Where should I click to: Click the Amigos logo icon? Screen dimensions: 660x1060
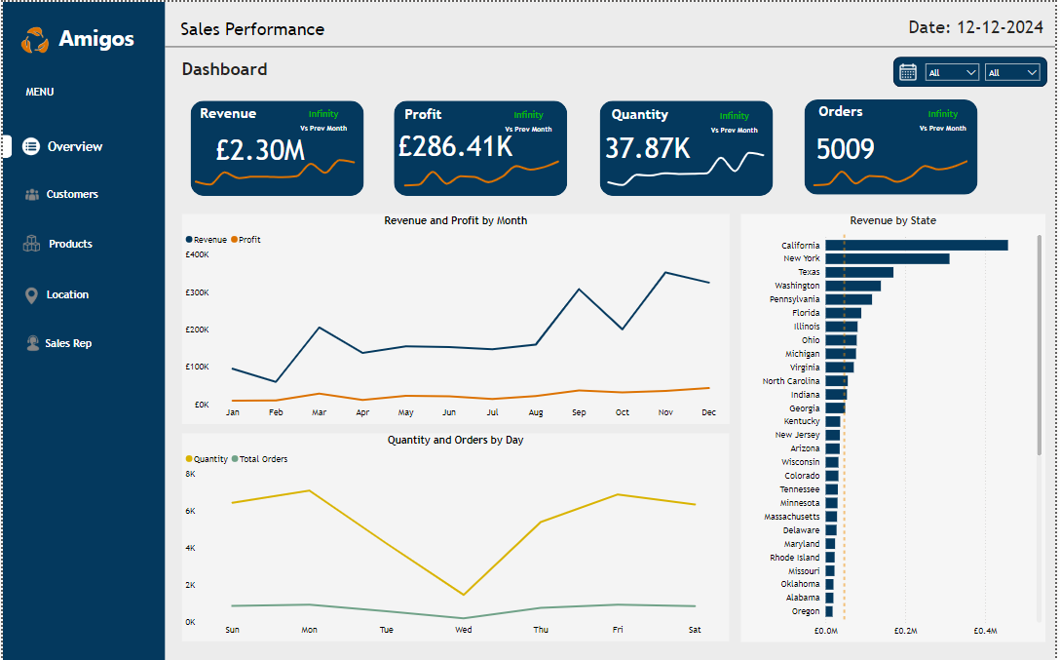pyautogui.click(x=35, y=39)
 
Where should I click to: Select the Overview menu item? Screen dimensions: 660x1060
pyautogui.click(x=74, y=146)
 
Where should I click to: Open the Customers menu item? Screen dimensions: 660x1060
pyautogui.click(x=72, y=194)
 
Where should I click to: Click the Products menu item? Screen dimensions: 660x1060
pyautogui.click(x=70, y=244)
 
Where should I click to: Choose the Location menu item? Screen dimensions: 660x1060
pyautogui.click(x=67, y=294)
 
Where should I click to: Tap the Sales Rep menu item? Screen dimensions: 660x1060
pyautogui.click(x=68, y=343)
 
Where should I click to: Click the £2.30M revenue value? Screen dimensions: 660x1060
pyautogui.click(x=260, y=150)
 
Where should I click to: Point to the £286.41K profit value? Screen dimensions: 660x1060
pyautogui.click(x=455, y=146)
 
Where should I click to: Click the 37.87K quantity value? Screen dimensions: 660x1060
pyautogui.click(x=647, y=148)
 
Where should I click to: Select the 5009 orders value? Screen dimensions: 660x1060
pyautogui.click(x=845, y=149)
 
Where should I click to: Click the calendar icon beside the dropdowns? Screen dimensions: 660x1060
pyautogui.click(x=908, y=72)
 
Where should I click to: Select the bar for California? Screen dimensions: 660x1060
pyautogui.click(x=916, y=246)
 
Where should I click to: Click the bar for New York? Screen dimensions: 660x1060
pyautogui.click(x=887, y=258)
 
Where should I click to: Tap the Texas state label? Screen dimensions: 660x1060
pyautogui.click(x=809, y=272)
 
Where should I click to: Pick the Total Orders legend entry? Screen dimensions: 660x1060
pyautogui.click(x=259, y=459)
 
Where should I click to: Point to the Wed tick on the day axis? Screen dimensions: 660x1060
pyautogui.click(x=464, y=630)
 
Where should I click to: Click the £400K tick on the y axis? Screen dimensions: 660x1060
pyautogui.click(x=197, y=254)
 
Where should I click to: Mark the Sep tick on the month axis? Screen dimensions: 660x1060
pyautogui.click(x=579, y=412)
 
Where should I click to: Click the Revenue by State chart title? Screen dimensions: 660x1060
pyautogui.click(x=892, y=221)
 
